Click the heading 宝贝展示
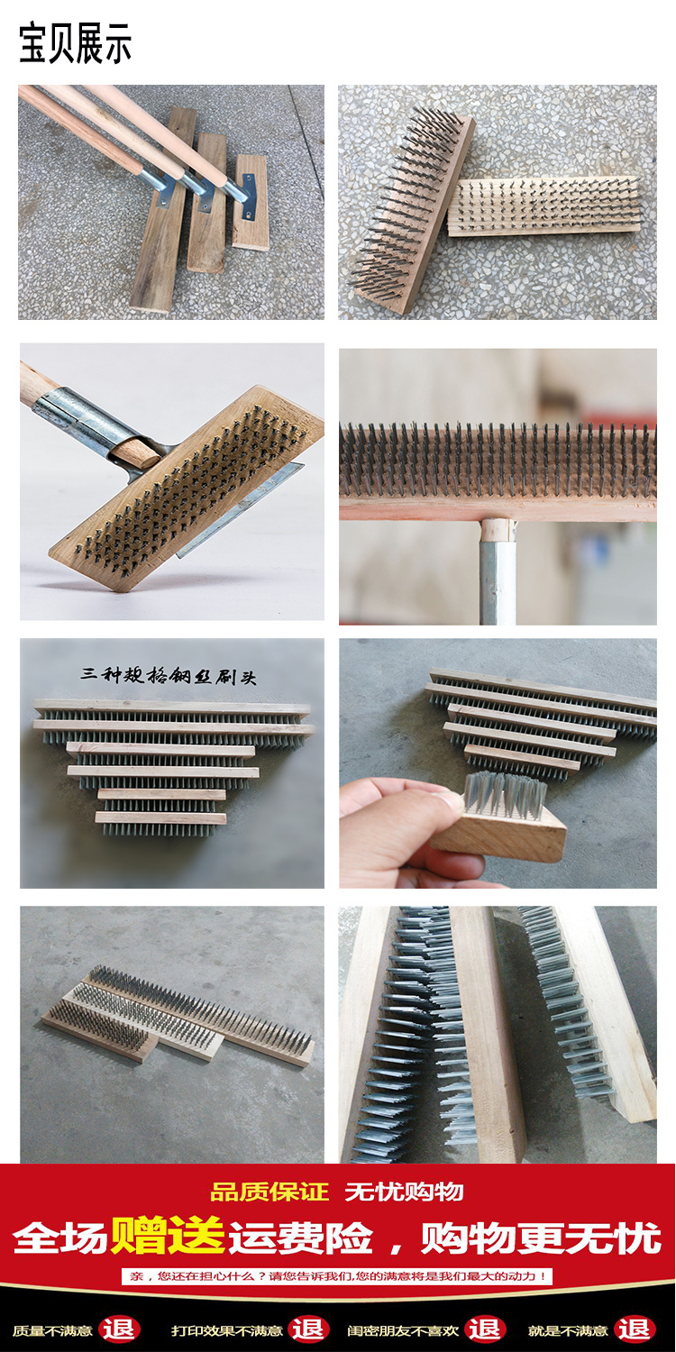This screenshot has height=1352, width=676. (76, 43)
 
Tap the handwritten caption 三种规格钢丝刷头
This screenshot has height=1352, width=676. (169, 675)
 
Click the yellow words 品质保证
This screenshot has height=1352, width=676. (269, 1192)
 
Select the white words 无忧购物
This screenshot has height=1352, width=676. (405, 1192)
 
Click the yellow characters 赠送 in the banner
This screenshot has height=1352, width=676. (167, 1236)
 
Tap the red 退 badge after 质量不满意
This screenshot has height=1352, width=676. (119, 1329)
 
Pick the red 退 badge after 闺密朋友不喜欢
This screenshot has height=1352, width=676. (485, 1329)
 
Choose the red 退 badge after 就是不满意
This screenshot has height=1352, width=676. (635, 1329)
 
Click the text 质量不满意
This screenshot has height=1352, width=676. (52, 1331)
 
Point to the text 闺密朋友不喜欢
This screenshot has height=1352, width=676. (403, 1331)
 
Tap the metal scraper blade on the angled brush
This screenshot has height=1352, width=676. (241, 511)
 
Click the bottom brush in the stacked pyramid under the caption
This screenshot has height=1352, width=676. (160, 825)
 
